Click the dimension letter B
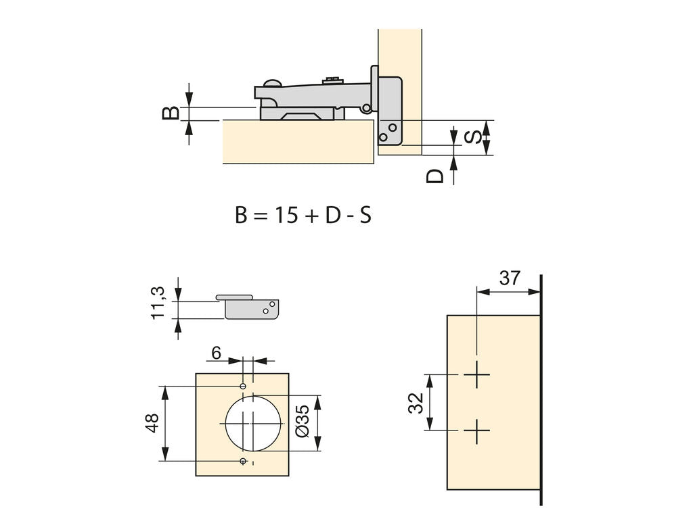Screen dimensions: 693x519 (x=171, y=113)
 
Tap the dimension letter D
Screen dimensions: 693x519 (x=435, y=176)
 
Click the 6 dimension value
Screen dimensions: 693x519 (x=216, y=353)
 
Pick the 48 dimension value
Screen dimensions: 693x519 (x=152, y=423)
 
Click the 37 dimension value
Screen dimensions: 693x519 (x=510, y=278)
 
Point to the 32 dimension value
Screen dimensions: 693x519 (x=416, y=403)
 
